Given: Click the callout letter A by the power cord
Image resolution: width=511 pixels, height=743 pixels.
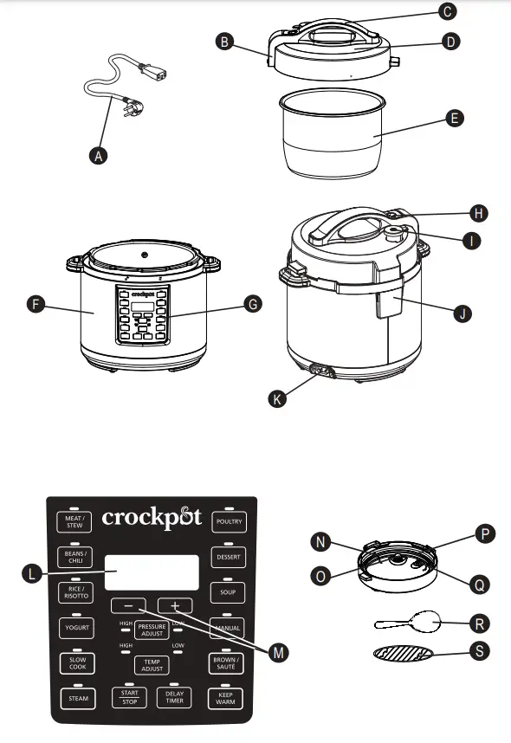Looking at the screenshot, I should click(100, 156).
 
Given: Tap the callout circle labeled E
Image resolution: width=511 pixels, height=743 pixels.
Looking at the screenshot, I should click(453, 120).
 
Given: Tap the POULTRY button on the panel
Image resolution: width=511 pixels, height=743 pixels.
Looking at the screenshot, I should click(230, 522).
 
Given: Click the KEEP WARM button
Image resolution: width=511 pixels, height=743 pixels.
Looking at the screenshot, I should click(226, 698).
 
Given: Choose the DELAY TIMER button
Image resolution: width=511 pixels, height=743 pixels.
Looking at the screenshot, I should click(174, 698).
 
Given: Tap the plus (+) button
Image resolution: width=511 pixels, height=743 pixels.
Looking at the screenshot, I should click(175, 605).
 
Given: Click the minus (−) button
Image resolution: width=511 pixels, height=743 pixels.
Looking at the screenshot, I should click(128, 605).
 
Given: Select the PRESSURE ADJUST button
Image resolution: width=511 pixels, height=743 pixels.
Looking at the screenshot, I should click(152, 629).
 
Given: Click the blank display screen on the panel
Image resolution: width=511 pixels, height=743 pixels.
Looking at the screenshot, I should click(152, 572).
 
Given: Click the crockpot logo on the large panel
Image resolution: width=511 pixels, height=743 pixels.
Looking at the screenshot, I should click(152, 518).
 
